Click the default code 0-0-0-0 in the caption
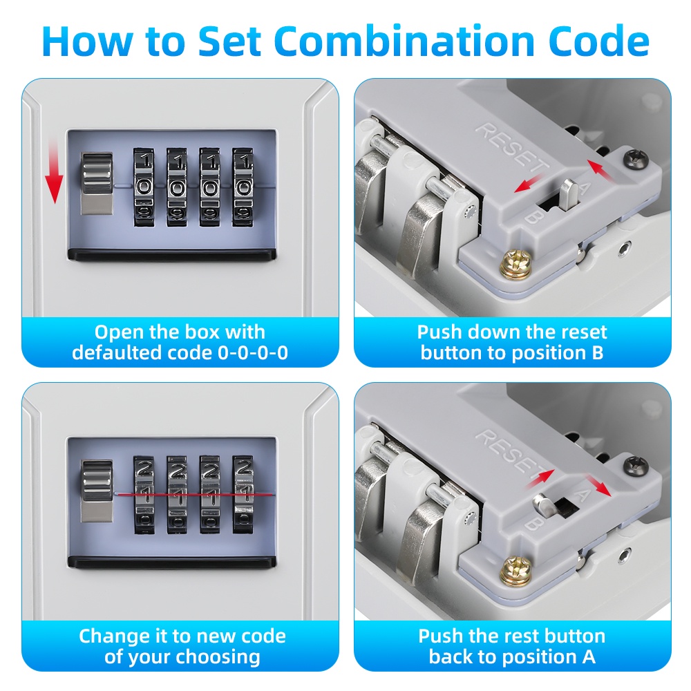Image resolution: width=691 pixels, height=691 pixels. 253,353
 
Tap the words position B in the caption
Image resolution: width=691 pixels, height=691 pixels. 547,353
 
